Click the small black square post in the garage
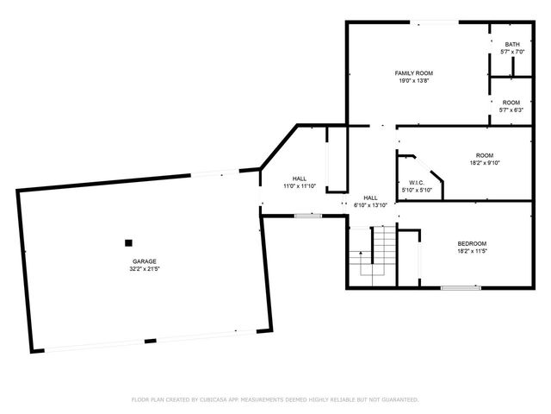tap(128, 243)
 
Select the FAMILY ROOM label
tap(413, 72)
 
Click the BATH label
tap(512, 45)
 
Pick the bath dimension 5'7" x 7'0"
tap(512, 52)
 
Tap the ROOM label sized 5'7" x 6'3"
tap(512, 103)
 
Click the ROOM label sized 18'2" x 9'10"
tap(485, 154)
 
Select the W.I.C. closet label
tap(416, 182)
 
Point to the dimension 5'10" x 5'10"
tap(416, 190)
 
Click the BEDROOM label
tap(472, 243)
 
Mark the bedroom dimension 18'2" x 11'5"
tap(472, 251)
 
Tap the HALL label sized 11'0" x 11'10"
tap(299, 179)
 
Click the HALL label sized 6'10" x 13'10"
tap(370, 198)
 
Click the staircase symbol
tap(376, 254)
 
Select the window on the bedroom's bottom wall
tap(461, 287)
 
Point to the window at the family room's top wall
tap(446, 22)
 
